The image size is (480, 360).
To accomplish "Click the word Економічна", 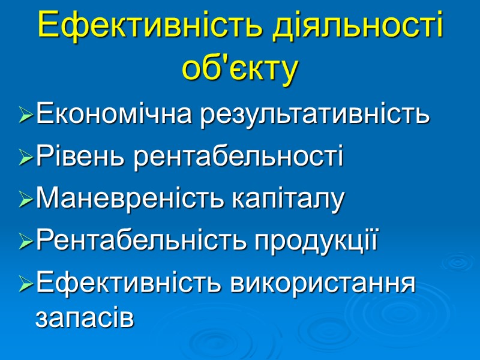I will tap(113, 113).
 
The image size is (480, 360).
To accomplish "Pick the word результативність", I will tap(314, 113).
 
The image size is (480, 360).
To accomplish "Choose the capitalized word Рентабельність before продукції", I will tap(141, 241).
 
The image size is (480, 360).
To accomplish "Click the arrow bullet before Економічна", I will tap(26, 115).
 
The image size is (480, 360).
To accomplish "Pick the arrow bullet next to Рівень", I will tap(26, 158).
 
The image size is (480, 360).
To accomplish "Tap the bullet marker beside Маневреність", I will tap(26, 200).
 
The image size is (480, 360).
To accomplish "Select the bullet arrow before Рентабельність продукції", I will tap(26, 242).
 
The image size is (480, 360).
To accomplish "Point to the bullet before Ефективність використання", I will tap(26, 284).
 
